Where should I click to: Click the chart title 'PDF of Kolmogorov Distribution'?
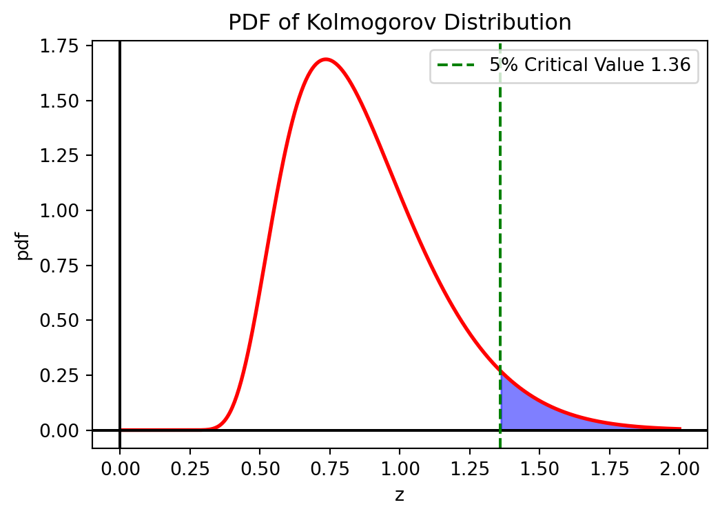pyautogui.click(x=400, y=23)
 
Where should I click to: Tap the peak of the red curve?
pyautogui.click(x=326, y=59)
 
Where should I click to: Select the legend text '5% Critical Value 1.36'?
pyautogui.click(x=590, y=65)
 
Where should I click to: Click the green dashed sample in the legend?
pyautogui.click(x=456, y=65)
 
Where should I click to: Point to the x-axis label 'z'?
pyautogui.click(x=400, y=495)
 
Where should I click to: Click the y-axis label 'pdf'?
pyautogui.click(x=25, y=245)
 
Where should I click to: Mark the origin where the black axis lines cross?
pyautogui.click(x=120, y=430)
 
